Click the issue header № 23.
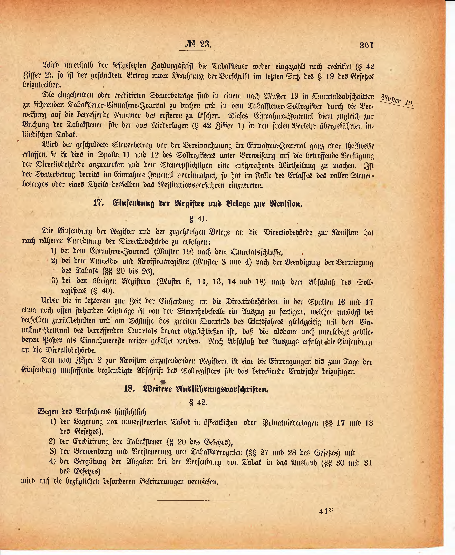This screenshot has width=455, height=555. coord(198,44)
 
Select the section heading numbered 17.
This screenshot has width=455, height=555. coord(198,203)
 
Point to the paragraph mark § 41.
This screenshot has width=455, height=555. coord(198,219)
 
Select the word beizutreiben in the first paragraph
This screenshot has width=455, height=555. coord(42,85)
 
